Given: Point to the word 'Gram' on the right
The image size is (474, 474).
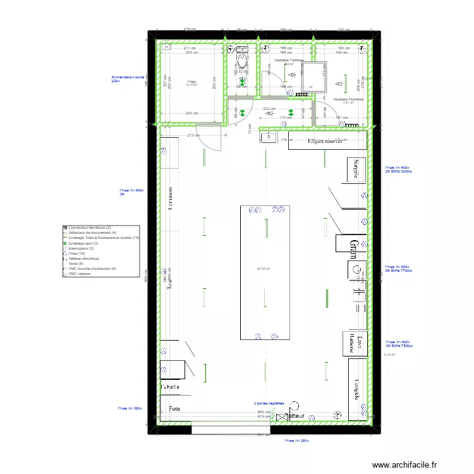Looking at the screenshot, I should [x=355, y=247].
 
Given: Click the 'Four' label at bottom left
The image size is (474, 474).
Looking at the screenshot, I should [x=174, y=409].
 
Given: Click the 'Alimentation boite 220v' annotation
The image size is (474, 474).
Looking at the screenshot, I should [x=128, y=79].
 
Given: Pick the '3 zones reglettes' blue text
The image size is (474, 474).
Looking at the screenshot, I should [x=269, y=403].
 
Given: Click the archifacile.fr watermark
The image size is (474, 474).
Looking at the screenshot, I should [x=404, y=465].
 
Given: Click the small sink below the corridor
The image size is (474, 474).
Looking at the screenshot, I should [x=268, y=137].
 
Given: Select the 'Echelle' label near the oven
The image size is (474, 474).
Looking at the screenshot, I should [x=171, y=387].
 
